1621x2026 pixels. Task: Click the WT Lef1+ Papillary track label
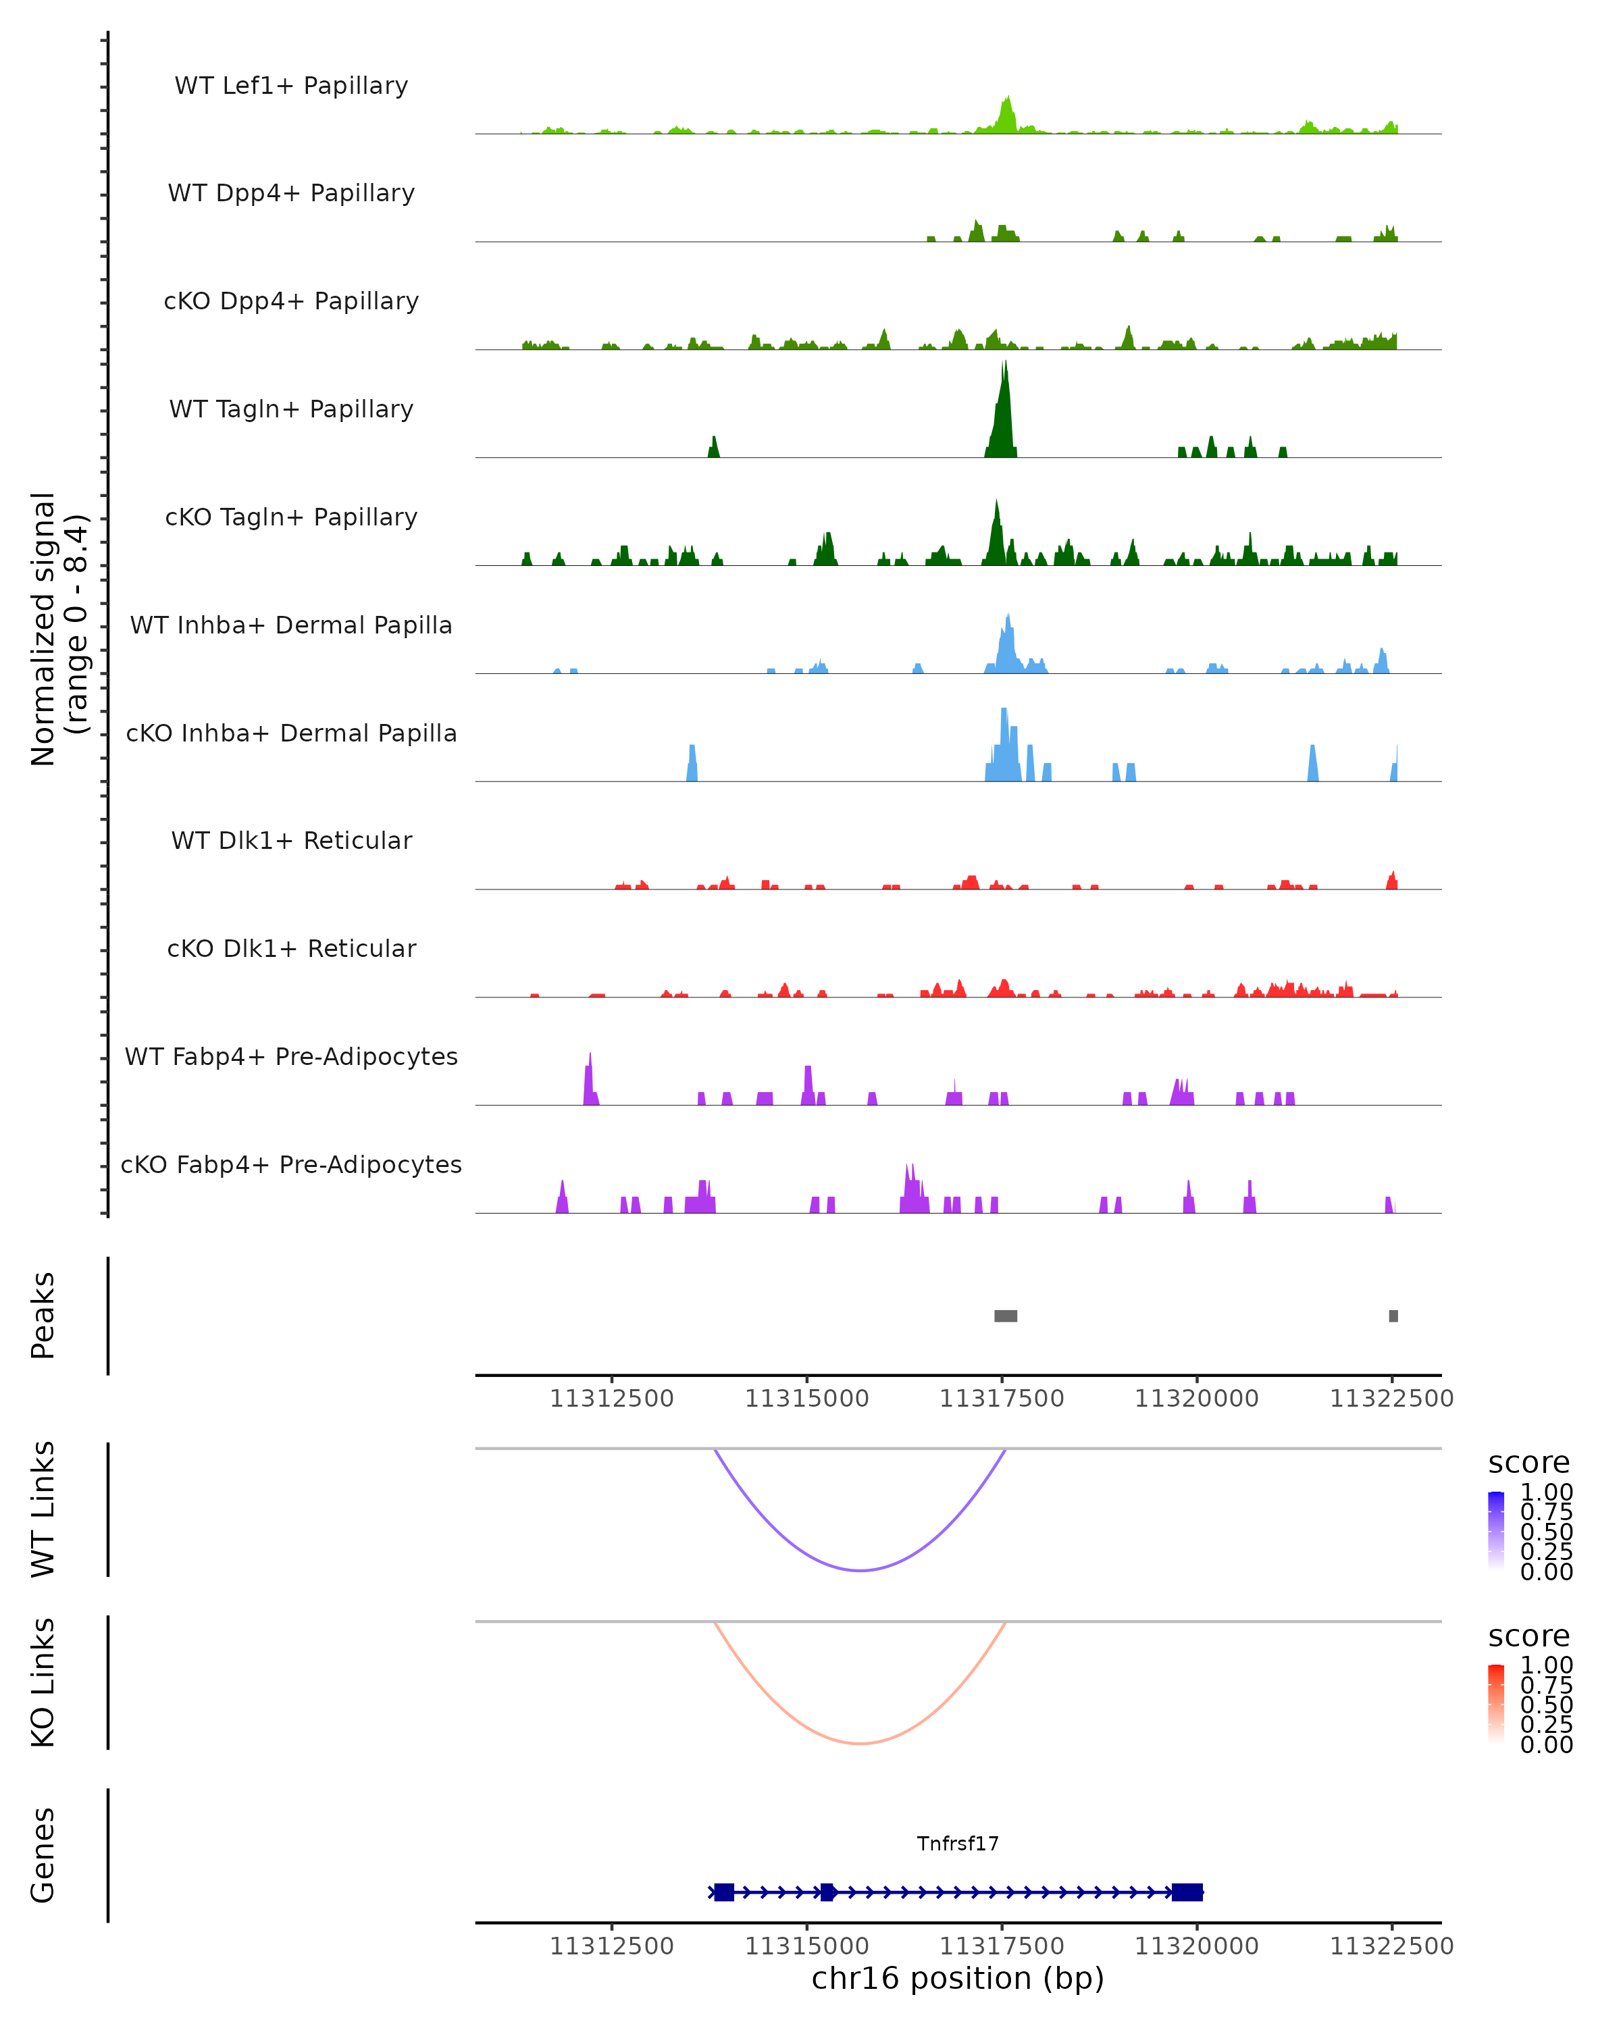(x=291, y=86)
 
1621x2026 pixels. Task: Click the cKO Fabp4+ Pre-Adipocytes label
(x=291, y=1164)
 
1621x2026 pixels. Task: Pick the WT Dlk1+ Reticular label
(x=291, y=840)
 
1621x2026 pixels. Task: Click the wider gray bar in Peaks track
(x=1006, y=1316)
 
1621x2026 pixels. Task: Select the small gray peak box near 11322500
(x=1393, y=1316)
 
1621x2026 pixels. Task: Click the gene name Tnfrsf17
(x=958, y=1843)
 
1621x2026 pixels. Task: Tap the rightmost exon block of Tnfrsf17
(x=1187, y=1892)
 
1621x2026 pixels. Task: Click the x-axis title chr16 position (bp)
(x=958, y=1979)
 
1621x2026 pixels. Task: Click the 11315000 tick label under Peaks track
(x=806, y=1399)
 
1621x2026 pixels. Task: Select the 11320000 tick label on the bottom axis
(x=1196, y=1946)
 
